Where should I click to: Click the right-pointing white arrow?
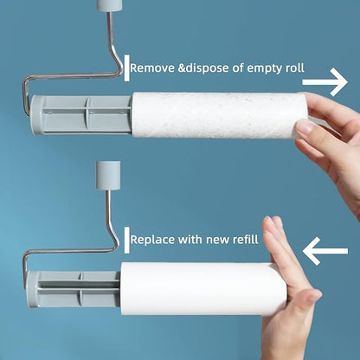click(325, 82)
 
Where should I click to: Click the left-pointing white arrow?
click(325, 252)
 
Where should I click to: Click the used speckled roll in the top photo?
click(216, 115)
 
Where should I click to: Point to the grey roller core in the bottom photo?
click(74, 289)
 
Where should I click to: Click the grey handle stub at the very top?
click(108, 5)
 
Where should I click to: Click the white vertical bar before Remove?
click(127, 67)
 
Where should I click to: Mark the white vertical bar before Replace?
click(127, 237)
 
